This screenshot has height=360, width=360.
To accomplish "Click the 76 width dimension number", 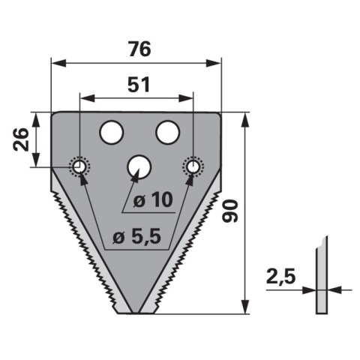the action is (x=139, y=49).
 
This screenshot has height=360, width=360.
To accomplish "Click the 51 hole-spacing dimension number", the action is (x=139, y=85).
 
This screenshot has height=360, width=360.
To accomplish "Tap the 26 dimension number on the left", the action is (x=21, y=139).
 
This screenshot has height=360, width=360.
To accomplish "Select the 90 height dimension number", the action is (x=230, y=211).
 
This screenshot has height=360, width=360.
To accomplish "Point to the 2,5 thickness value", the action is (x=280, y=276).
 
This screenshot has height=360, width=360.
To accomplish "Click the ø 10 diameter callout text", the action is (x=153, y=200).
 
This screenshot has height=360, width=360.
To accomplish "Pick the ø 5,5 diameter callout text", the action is (x=136, y=237).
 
